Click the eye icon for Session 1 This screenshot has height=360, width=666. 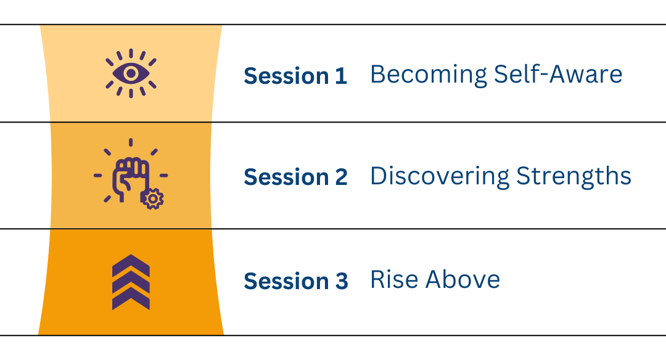[131, 73]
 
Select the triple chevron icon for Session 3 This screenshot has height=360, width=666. [131, 282]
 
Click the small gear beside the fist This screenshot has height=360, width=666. [152, 198]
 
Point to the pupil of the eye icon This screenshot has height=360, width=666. [131, 73]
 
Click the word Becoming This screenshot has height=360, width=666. [429, 75]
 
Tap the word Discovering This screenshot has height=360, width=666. [440, 176]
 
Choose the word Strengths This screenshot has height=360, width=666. [574, 176]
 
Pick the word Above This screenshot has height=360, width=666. [462, 279]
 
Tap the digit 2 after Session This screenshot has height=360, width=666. [341, 177]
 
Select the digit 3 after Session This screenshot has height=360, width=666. [342, 282]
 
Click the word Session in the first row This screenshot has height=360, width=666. [286, 76]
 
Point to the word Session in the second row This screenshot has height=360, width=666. [286, 177]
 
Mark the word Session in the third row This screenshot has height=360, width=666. [286, 282]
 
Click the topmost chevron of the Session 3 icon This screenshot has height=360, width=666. [131, 265]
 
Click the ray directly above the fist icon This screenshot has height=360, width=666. [130, 142]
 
